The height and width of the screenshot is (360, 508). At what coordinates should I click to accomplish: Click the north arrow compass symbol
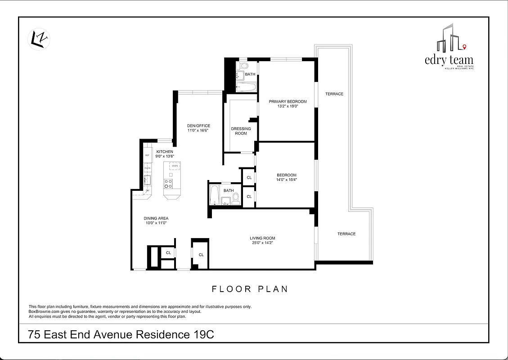tap(39, 39)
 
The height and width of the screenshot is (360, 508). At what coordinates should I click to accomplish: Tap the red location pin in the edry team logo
tap(464, 47)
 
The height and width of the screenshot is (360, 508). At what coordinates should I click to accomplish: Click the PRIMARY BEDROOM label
tap(288, 102)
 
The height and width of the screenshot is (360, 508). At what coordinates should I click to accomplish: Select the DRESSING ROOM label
tap(241, 131)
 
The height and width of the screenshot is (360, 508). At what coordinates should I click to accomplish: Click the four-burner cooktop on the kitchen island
tap(169, 183)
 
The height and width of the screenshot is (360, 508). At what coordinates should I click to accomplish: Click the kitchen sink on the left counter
tap(147, 180)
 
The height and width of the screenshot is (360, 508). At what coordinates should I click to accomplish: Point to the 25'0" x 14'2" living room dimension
tap(262, 243)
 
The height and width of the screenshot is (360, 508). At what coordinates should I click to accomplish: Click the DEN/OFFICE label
tap(198, 126)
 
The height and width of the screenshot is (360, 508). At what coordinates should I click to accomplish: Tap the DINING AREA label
tap(156, 218)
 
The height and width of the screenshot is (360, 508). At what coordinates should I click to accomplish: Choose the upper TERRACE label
tap(334, 94)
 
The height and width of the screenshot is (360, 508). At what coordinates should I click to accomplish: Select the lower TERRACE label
tap(346, 234)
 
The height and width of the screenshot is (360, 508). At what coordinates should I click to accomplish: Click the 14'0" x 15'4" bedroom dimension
tap(286, 180)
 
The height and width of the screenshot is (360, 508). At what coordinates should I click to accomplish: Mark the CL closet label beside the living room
tap(201, 255)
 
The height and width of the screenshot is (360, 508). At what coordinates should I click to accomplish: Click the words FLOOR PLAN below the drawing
tap(250, 289)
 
